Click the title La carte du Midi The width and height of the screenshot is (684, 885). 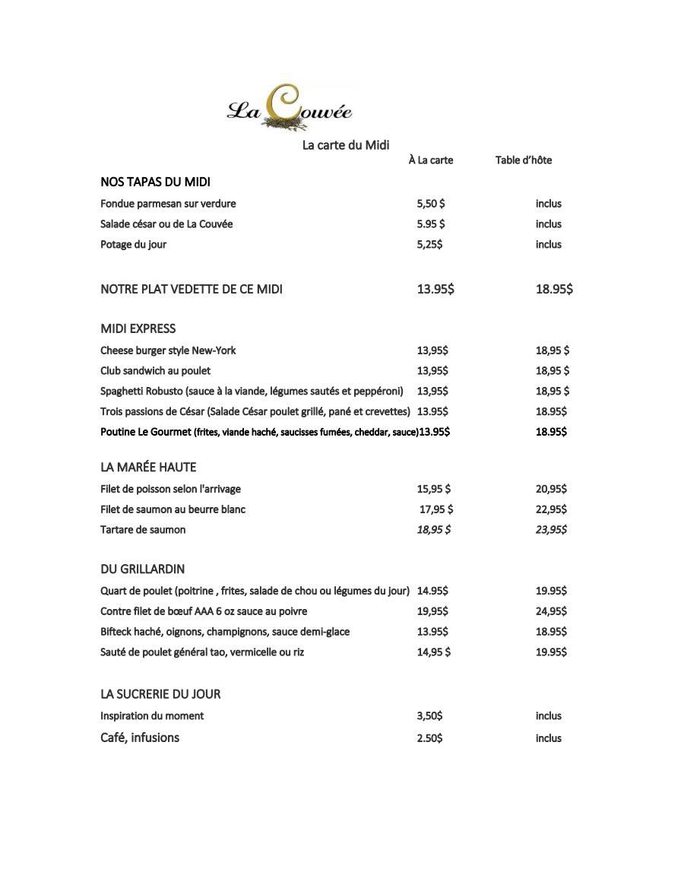pyautogui.click(x=346, y=144)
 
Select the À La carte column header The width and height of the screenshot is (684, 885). pyautogui.click(x=430, y=160)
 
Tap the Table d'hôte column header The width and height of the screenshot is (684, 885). pyautogui.click(x=524, y=160)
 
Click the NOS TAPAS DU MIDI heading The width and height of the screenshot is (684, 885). pyautogui.click(x=155, y=182)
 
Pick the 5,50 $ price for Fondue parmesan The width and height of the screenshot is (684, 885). pyautogui.click(x=430, y=203)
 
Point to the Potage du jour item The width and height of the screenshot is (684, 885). pyautogui.click(x=133, y=244)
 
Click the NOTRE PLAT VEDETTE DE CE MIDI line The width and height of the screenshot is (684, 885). pyautogui.click(x=192, y=289)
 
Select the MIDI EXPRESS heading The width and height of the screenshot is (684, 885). pyautogui.click(x=138, y=328)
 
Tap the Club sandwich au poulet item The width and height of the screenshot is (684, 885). pyautogui.click(x=155, y=370)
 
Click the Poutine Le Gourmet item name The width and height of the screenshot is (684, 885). pyautogui.click(x=145, y=432)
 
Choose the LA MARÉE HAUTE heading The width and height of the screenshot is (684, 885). pyautogui.click(x=148, y=467)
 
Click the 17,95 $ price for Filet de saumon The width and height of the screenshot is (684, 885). pyautogui.click(x=436, y=509)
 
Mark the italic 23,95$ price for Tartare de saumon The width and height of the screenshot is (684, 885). pyautogui.click(x=551, y=529)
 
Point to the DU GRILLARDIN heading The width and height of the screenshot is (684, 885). pyautogui.click(x=142, y=569)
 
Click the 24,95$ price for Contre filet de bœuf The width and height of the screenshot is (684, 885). pyautogui.click(x=551, y=611)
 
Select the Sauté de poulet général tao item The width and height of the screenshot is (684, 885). pyautogui.click(x=202, y=652)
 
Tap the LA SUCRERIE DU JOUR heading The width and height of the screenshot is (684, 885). pyautogui.click(x=160, y=693)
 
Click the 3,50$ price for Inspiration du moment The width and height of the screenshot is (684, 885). pyautogui.click(x=429, y=715)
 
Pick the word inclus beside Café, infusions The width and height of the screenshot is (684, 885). pyautogui.click(x=548, y=737)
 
